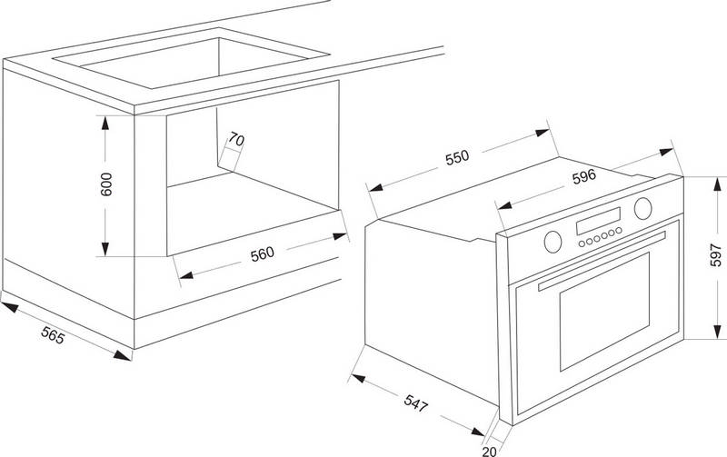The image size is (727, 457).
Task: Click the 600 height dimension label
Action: coord(106,184)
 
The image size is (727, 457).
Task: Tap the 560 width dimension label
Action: coord(263,254)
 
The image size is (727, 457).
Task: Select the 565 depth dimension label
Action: coord(53,334)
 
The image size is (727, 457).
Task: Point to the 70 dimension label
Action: coord(236,139)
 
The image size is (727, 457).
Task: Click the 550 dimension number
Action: coord(457,157)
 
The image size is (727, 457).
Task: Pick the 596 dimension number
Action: coord(583,176)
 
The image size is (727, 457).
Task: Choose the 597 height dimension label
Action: coord(716,255)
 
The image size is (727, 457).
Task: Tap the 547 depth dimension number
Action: coord(415,402)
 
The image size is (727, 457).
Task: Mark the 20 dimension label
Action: coord(489,451)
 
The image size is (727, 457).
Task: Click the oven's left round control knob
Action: coord(553,242)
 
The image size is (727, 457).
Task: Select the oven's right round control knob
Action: coord(643,208)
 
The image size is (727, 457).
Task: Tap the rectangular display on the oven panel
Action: coord(599,221)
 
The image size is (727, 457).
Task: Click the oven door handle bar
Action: coord(602,261)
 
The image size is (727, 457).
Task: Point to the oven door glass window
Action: coord(604,311)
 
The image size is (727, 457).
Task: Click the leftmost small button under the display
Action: coord(582,243)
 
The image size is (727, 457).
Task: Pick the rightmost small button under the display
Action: coord(619,231)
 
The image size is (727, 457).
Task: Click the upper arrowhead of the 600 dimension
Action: coord(105,123)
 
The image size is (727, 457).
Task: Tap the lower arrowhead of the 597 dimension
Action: coord(718,332)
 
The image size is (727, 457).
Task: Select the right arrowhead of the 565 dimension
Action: coord(123,355)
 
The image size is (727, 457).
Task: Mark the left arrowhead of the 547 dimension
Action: coord(358,378)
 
